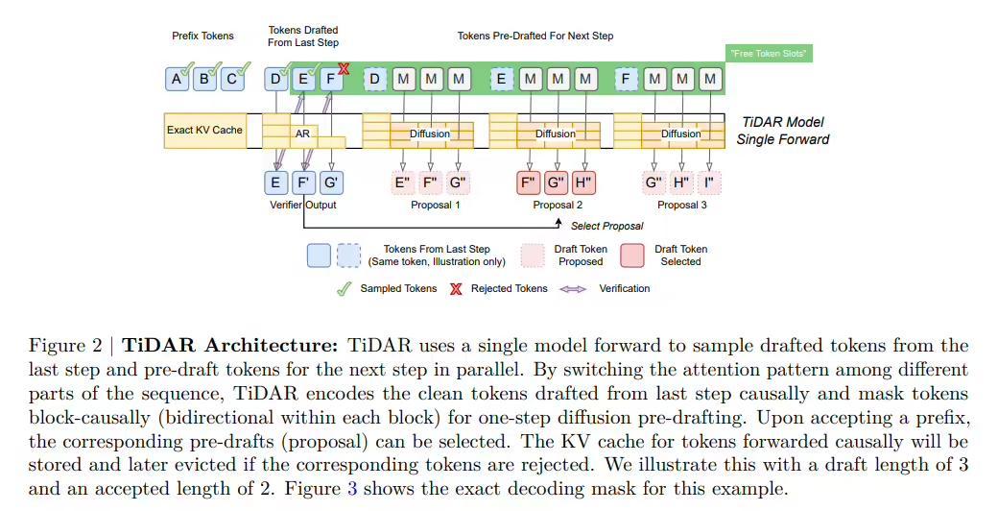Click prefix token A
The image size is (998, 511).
coord(177,80)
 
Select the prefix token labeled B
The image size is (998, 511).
coord(204,80)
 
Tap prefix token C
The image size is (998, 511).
coord(231,80)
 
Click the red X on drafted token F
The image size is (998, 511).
coord(343,68)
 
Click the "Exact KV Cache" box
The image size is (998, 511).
coord(203,130)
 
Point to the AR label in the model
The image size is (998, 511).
coord(302,134)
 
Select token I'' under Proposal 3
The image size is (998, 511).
coord(710,182)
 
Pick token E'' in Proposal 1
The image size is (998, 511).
coord(403,182)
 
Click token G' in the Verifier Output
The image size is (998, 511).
coord(331,182)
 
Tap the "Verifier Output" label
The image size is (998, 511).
coord(303,205)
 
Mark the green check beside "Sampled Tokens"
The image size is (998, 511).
coord(344,288)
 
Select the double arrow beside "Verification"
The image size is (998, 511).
coord(573,288)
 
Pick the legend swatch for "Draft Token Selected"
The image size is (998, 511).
coord(632,255)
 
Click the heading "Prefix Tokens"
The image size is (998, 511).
coord(202,36)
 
